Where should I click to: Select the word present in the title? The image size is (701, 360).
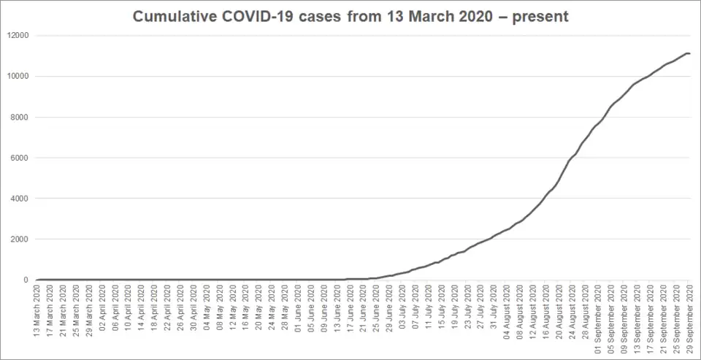point(538,16)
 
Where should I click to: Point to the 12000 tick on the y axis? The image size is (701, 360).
point(18,35)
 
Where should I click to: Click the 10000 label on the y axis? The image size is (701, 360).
point(18,76)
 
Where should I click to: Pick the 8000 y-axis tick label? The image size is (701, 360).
point(20,117)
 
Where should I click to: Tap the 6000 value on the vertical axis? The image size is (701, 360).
point(20,158)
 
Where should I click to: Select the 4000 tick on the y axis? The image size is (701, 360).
point(20,199)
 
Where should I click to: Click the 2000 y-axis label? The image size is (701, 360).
point(20,240)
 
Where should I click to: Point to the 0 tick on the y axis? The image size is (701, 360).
point(27,280)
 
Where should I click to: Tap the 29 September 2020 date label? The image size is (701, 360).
point(690,320)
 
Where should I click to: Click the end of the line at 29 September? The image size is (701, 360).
point(689,53)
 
